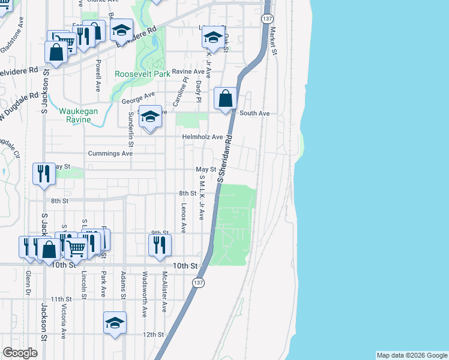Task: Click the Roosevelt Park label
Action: [143, 74]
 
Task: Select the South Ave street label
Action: [255, 113]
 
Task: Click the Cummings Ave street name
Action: [110, 154]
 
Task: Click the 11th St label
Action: [61, 299]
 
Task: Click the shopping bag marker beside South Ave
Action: [225, 98]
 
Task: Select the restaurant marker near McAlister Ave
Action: [159, 245]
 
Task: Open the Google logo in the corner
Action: [20, 353]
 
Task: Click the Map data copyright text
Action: [411, 355]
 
